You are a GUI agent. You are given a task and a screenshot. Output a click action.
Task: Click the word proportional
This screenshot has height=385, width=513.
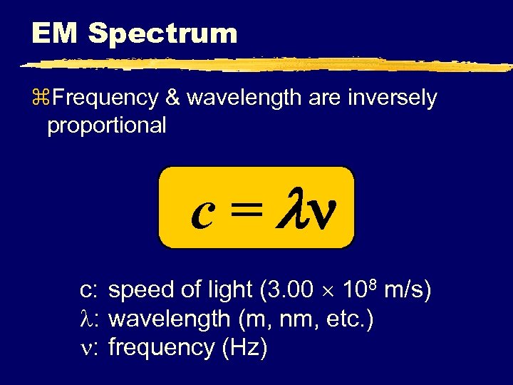[x=106, y=125]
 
